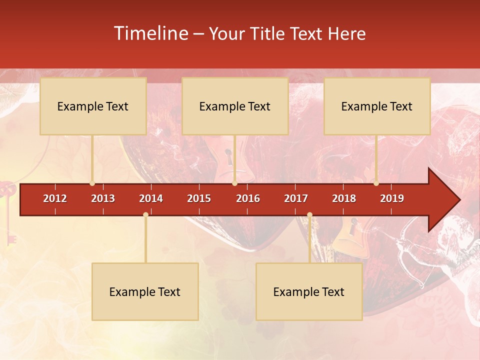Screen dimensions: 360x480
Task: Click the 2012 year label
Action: [55, 198]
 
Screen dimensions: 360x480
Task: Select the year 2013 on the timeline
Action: [103, 198]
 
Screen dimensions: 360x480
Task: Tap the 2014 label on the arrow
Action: [151, 198]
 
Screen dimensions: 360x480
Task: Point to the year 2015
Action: [199, 198]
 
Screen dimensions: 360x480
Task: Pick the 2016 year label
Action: [248, 198]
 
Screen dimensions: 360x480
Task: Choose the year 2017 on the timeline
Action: [296, 198]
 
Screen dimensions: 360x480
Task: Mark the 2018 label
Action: [344, 198]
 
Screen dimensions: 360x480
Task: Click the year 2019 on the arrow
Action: [392, 198]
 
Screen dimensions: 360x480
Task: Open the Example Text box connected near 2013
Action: [93, 106]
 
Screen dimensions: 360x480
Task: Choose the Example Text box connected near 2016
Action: [235, 106]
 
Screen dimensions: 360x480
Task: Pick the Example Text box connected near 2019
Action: [377, 106]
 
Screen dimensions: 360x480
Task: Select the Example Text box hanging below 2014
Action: [145, 291]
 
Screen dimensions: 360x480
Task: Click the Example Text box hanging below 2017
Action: [309, 291]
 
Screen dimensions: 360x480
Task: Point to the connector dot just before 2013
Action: [92, 183]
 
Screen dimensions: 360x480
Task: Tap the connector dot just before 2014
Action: [145, 215]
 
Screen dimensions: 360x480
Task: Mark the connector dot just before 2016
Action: [234, 183]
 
